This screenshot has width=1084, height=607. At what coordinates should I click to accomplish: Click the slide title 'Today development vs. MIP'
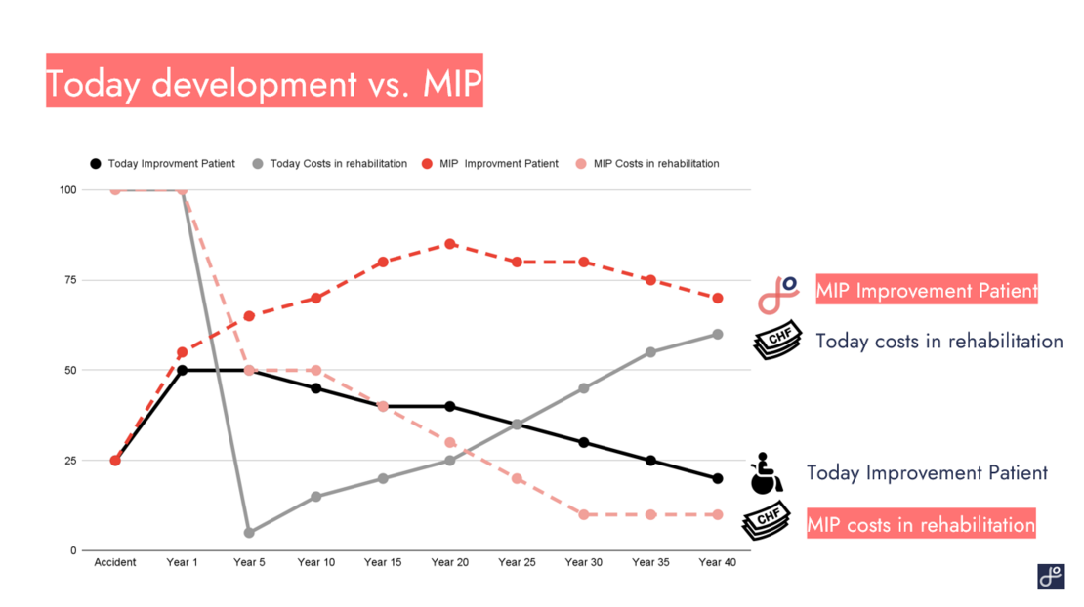264,83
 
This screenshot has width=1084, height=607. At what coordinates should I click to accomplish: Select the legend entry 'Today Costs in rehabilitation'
329,164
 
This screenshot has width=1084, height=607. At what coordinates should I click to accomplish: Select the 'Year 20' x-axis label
449,562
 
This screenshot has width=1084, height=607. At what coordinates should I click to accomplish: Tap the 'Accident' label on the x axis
115,562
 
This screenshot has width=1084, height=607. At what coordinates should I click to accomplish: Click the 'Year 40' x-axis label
717,562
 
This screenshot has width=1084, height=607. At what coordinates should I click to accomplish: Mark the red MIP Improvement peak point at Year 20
449,244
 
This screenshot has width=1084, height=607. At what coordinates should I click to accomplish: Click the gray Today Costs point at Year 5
249,533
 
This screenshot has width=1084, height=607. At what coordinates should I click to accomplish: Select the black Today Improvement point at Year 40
718,478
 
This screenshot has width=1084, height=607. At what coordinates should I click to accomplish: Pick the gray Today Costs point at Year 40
718,334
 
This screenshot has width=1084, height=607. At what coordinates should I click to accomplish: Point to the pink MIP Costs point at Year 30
584,514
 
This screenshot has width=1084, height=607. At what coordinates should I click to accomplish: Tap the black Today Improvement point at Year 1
182,370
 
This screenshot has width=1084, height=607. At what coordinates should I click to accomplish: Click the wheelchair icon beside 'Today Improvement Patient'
766,474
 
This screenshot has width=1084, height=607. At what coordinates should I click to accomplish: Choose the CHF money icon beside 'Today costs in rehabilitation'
777,341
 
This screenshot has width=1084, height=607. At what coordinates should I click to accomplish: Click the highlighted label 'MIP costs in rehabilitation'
920,525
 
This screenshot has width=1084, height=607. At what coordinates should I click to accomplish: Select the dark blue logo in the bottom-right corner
1051,576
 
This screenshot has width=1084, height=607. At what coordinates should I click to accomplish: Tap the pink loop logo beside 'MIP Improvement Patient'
778,292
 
